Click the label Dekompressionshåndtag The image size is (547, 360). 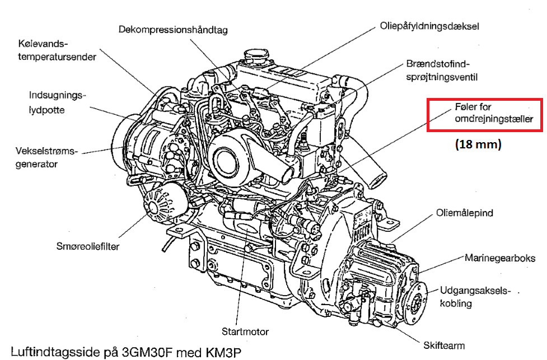173,30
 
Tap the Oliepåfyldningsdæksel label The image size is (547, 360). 429,26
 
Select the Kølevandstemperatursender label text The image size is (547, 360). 57,50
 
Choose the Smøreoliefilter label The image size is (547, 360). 88,246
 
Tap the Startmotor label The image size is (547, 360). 245,331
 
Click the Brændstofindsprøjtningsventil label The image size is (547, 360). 442,71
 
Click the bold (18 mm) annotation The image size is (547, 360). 478,144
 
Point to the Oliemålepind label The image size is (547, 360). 464,213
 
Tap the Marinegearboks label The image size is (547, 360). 500,258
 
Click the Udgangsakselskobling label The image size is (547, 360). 475,297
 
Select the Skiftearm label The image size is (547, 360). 444,345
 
